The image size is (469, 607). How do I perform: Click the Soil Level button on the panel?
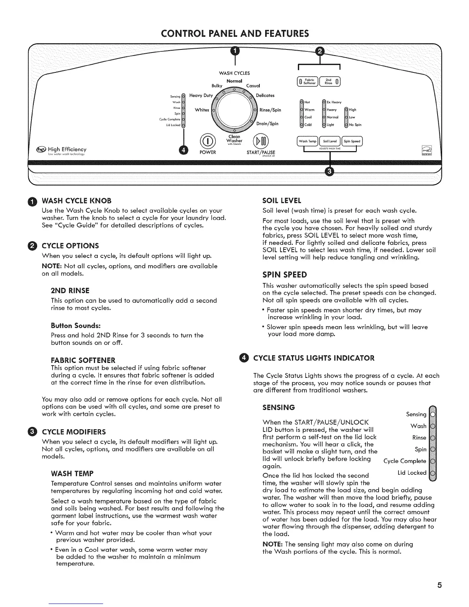[x=330, y=141]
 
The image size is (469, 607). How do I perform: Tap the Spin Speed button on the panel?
[x=352, y=141]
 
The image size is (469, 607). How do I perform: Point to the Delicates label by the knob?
[x=265, y=95]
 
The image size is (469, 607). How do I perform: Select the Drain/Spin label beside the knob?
[x=267, y=123]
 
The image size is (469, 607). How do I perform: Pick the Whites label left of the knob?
[x=202, y=110]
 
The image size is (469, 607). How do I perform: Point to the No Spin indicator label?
[x=355, y=125]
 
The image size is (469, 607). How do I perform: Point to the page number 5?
[x=439, y=585]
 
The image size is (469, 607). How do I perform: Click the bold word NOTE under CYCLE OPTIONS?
[x=49, y=266]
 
